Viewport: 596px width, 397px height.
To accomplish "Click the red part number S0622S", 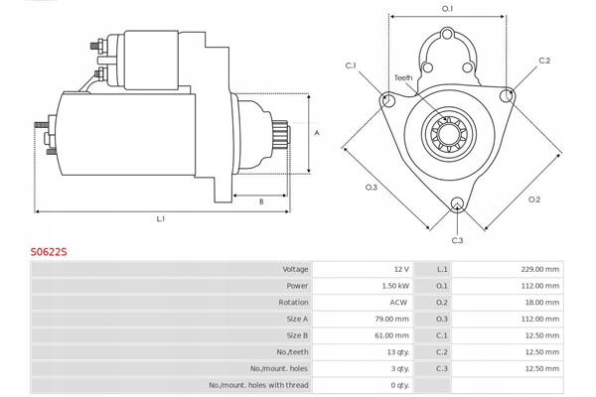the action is (x=49, y=252).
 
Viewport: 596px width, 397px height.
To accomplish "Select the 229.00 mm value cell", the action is (x=539, y=269).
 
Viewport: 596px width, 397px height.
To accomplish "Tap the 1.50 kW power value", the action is (x=395, y=286).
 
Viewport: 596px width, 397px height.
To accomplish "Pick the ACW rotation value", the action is (x=398, y=303).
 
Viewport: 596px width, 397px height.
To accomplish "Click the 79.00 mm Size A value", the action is (x=392, y=320).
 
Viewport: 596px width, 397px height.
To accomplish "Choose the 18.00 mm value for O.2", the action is (x=541, y=303).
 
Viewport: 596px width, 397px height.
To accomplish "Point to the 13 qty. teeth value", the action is (x=398, y=352).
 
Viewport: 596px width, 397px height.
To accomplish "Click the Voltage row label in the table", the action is (x=295, y=269).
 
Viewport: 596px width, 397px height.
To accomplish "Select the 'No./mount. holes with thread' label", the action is (x=258, y=385).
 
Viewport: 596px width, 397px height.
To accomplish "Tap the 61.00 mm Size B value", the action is (x=392, y=335).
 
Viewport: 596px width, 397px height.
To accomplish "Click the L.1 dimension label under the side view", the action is (x=161, y=218).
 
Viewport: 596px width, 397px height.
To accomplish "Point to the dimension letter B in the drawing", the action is (x=261, y=201).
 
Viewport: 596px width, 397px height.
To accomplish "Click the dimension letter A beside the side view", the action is (x=317, y=133).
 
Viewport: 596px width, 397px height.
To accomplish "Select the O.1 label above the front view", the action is (x=448, y=8).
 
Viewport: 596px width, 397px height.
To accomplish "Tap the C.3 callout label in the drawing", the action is (x=457, y=240).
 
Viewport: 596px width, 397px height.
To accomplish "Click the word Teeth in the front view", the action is (x=403, y=77).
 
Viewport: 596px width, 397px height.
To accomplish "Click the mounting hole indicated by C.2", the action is (x=507, y=95).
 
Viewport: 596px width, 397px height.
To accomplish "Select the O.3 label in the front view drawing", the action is (x=371, y=188).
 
